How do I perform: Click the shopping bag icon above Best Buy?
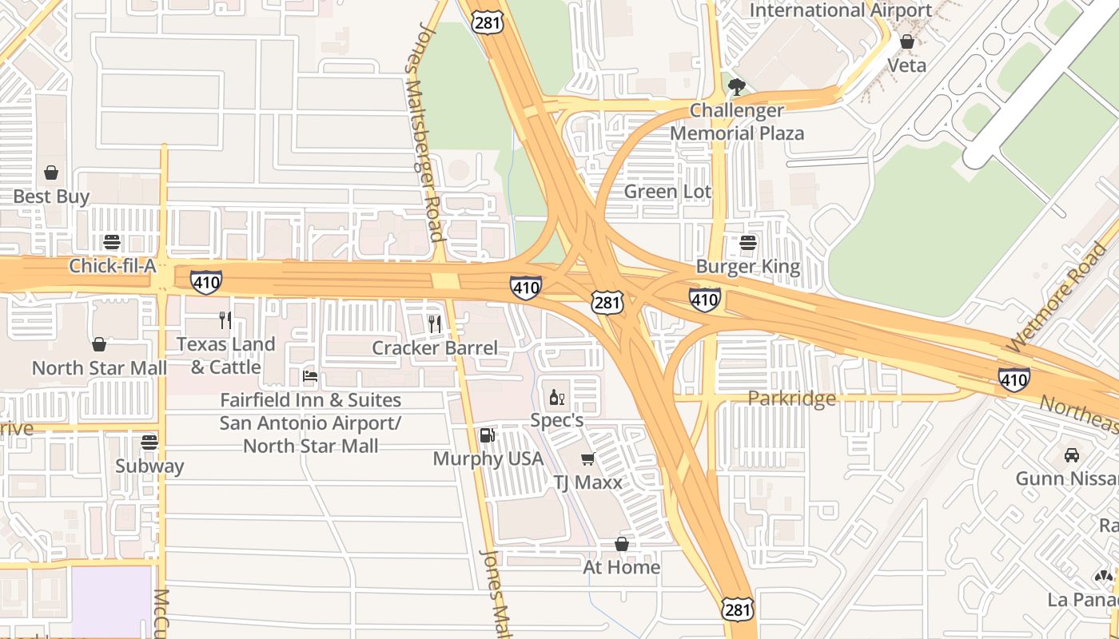51,173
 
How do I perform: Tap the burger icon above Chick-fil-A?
112,242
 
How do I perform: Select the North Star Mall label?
99,368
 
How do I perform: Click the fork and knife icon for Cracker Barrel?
435,323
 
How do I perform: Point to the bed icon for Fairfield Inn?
310,376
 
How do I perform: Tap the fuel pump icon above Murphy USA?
487,435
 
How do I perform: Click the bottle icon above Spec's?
556,397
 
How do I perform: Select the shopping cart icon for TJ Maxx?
588,458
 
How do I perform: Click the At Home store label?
622,567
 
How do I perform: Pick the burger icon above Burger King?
748,243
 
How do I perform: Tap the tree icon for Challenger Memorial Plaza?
737,86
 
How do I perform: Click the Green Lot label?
667,192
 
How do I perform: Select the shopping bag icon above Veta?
907,42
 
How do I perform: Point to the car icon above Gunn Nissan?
1072,454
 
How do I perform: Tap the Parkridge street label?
791,398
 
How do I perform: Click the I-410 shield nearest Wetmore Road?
1013,379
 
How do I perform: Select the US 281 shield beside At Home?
736,609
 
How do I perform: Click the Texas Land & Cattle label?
226,355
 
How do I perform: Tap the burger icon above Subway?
149,442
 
